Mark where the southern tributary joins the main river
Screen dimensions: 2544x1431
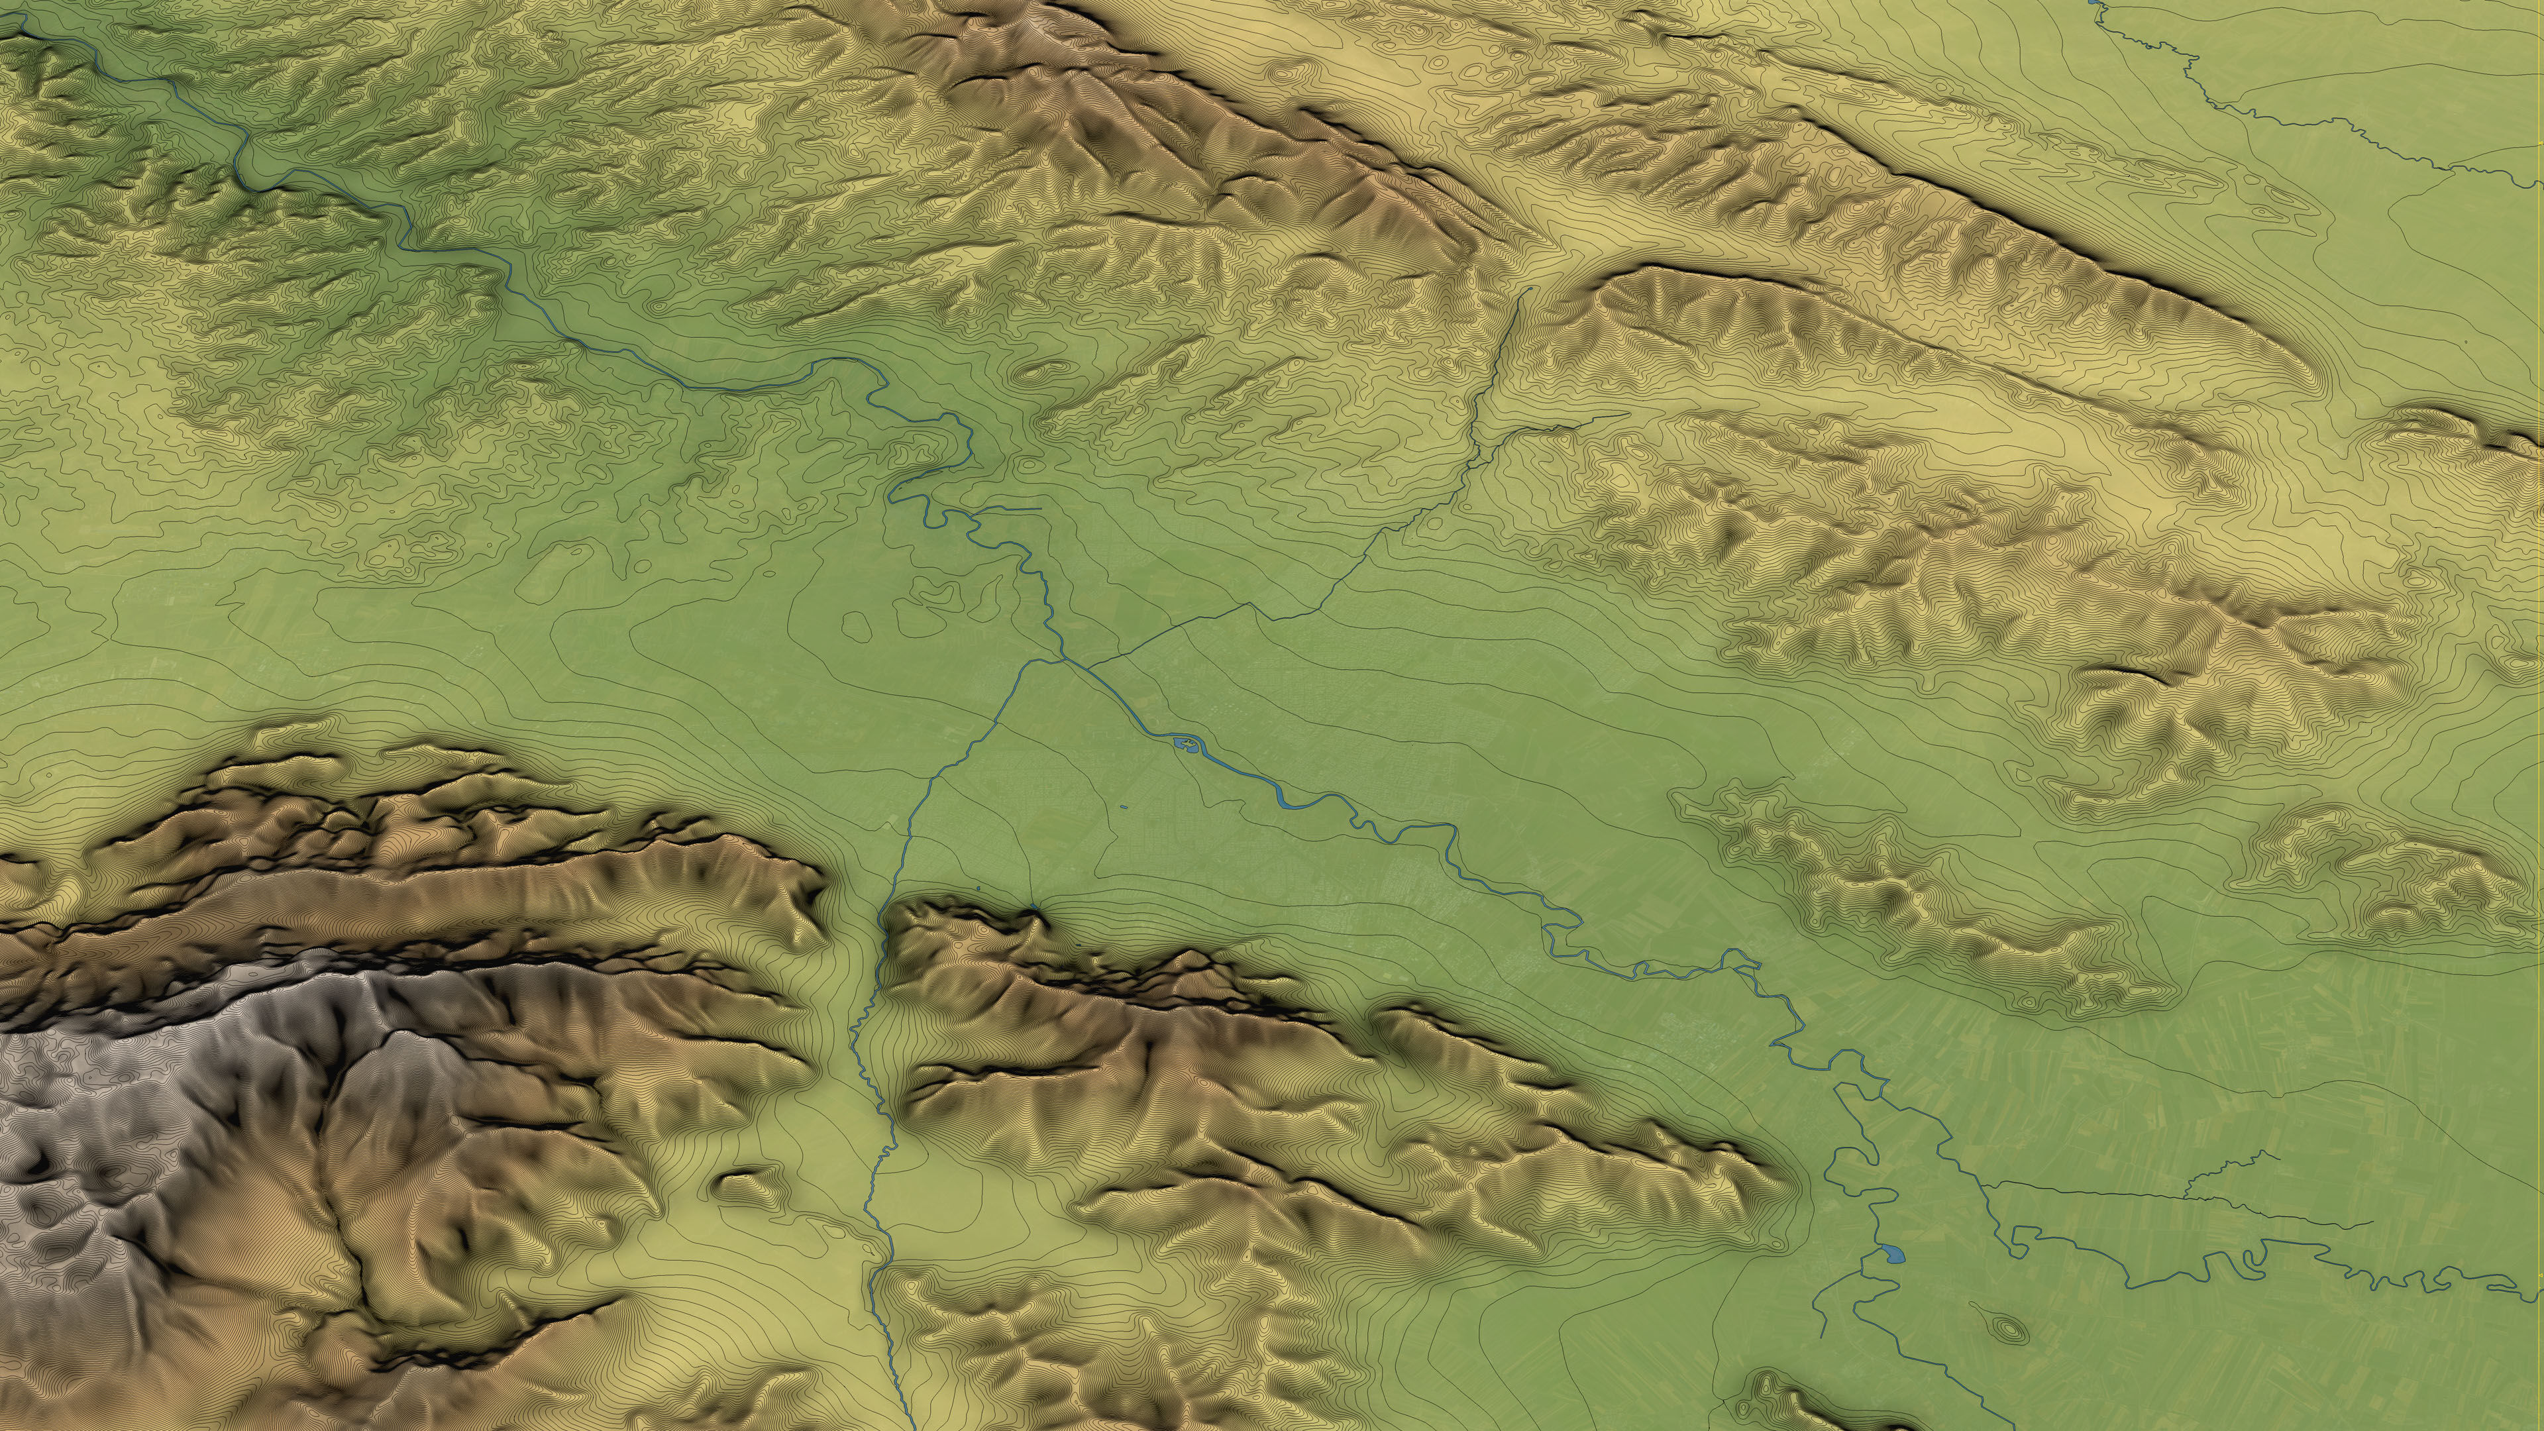pos(1063,659)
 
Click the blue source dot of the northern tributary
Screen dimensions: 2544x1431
pos(1528,290)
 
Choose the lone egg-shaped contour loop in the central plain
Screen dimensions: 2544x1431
pos(855,623)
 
